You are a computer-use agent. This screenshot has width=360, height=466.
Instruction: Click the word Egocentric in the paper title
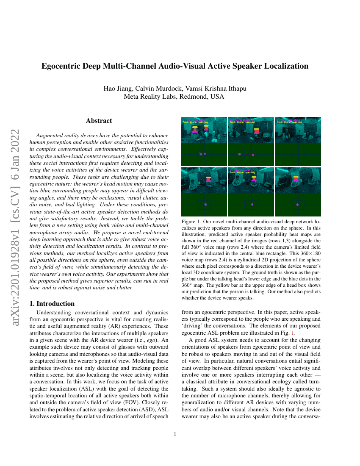tap(61, 66)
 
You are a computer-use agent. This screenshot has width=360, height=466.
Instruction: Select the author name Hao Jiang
tap(117, 89)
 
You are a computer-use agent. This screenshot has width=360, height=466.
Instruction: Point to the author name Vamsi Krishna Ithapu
tap(216, 89)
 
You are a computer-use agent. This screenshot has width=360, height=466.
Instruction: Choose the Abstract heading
tap(99, 121)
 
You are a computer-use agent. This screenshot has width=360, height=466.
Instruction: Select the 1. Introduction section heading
tap(53, 304)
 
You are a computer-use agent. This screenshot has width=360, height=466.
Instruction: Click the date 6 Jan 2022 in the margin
tap(15, 144)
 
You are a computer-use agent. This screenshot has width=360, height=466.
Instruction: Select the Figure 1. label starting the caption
tap(192, 222)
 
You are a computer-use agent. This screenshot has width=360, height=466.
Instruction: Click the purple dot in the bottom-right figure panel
tap(299, 205)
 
